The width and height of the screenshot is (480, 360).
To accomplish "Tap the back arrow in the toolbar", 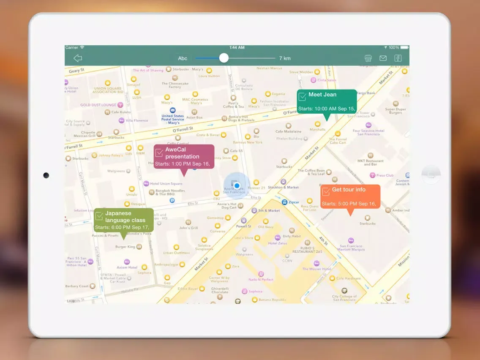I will (78, 58).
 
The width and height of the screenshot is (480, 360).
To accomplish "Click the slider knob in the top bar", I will (224, 58).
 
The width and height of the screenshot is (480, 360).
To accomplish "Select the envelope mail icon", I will (383, 58).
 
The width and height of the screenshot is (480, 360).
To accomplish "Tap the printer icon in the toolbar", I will (368, 58).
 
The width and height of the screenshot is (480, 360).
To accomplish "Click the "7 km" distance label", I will (285, 58).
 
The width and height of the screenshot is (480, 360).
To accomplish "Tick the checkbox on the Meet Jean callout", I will (303, 97).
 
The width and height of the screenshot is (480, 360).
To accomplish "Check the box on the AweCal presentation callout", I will (159, 153).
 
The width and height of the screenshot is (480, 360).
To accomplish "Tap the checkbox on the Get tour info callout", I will (326, 192).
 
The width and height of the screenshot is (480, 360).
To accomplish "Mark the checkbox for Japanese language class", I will (99, 216).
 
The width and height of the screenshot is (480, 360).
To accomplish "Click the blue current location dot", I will (237, 185).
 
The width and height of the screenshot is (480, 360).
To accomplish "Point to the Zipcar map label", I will (293, 202).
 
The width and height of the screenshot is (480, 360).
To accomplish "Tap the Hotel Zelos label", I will (278, 243).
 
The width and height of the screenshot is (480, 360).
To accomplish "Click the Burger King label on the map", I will (125, 247).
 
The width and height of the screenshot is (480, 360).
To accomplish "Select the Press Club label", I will (385, 175).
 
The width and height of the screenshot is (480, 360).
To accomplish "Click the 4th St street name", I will (323, 241).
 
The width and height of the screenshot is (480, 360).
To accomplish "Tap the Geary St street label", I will (76, 71).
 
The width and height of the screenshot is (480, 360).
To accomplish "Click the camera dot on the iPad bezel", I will (46, 175).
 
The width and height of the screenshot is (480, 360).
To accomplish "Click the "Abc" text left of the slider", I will (183, 58).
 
